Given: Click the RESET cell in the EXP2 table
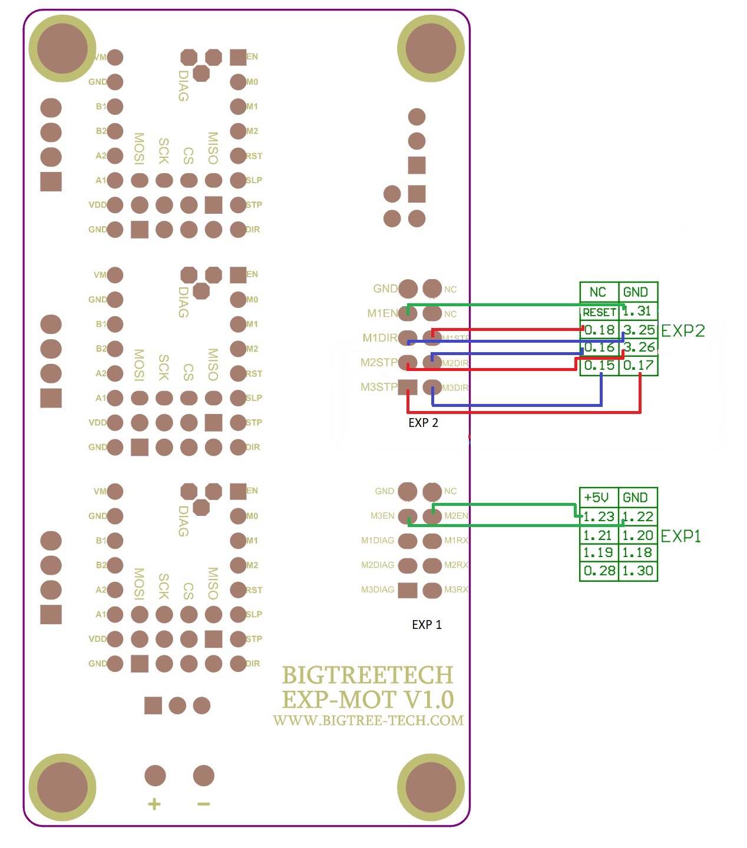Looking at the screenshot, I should [x=599, y=312].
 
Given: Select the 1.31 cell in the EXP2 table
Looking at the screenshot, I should [x=638, y=311].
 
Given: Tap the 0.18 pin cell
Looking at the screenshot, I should [x=599, y=330].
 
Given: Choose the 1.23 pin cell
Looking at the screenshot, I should [x=599, y=517].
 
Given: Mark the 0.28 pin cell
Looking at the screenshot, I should [x=599, y=571].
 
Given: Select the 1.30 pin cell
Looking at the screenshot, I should [x=638, y=571].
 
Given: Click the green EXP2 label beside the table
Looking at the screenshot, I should [x=683, y=331].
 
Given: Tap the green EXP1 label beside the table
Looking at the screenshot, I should [x=681, y=536].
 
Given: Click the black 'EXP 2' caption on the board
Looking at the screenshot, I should [x=423, y=423].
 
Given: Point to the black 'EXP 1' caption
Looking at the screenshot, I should [x=427, y=625].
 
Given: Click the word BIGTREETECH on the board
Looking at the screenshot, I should [x=368, y=675].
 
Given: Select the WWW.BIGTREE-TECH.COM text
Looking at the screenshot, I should [x=368, y=721].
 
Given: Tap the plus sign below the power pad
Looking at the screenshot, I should [x=154, y=804].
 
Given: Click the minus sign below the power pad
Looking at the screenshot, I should [x=204, y=804].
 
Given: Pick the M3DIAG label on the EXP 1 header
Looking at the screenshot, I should [x=378, y=589].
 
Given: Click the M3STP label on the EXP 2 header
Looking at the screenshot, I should [x=379, y=387].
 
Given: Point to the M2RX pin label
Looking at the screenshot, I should [x=456, y=565].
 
